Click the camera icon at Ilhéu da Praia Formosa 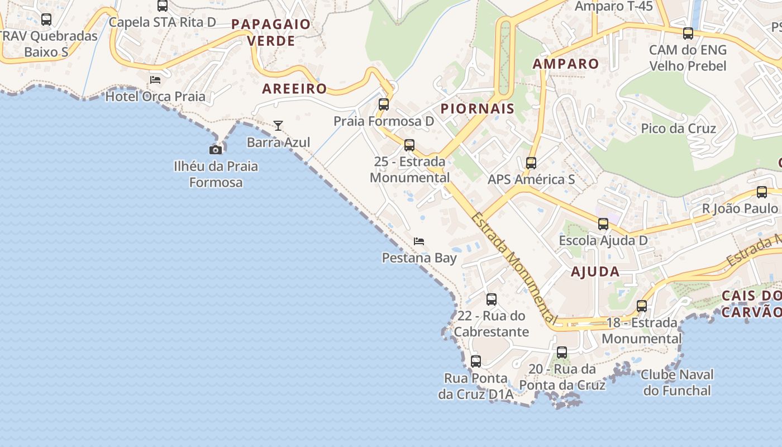pos(216,150)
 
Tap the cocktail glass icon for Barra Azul pos(278,126)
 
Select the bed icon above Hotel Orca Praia pos(155,80)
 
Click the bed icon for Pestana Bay pos(419,241)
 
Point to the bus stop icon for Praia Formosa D pos(384,104)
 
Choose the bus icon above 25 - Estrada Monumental pos(409,145)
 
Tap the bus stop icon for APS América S pos(531,163)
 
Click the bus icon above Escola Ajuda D pos(603,224)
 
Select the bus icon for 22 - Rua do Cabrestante pos(492,299)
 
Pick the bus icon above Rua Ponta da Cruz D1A pos(476,362)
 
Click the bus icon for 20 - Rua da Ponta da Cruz pos(562,353)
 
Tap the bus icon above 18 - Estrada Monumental pos(642,306)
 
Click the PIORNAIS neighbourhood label pos(478,108)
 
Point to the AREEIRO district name pos(294,88)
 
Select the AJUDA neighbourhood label pos(595,272)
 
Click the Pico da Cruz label pos(678,129)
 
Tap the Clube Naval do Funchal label pos(677,382)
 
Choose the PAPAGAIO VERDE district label pos(271,32)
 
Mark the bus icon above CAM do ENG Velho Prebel pos(688,34)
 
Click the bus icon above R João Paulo pos(762,192)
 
